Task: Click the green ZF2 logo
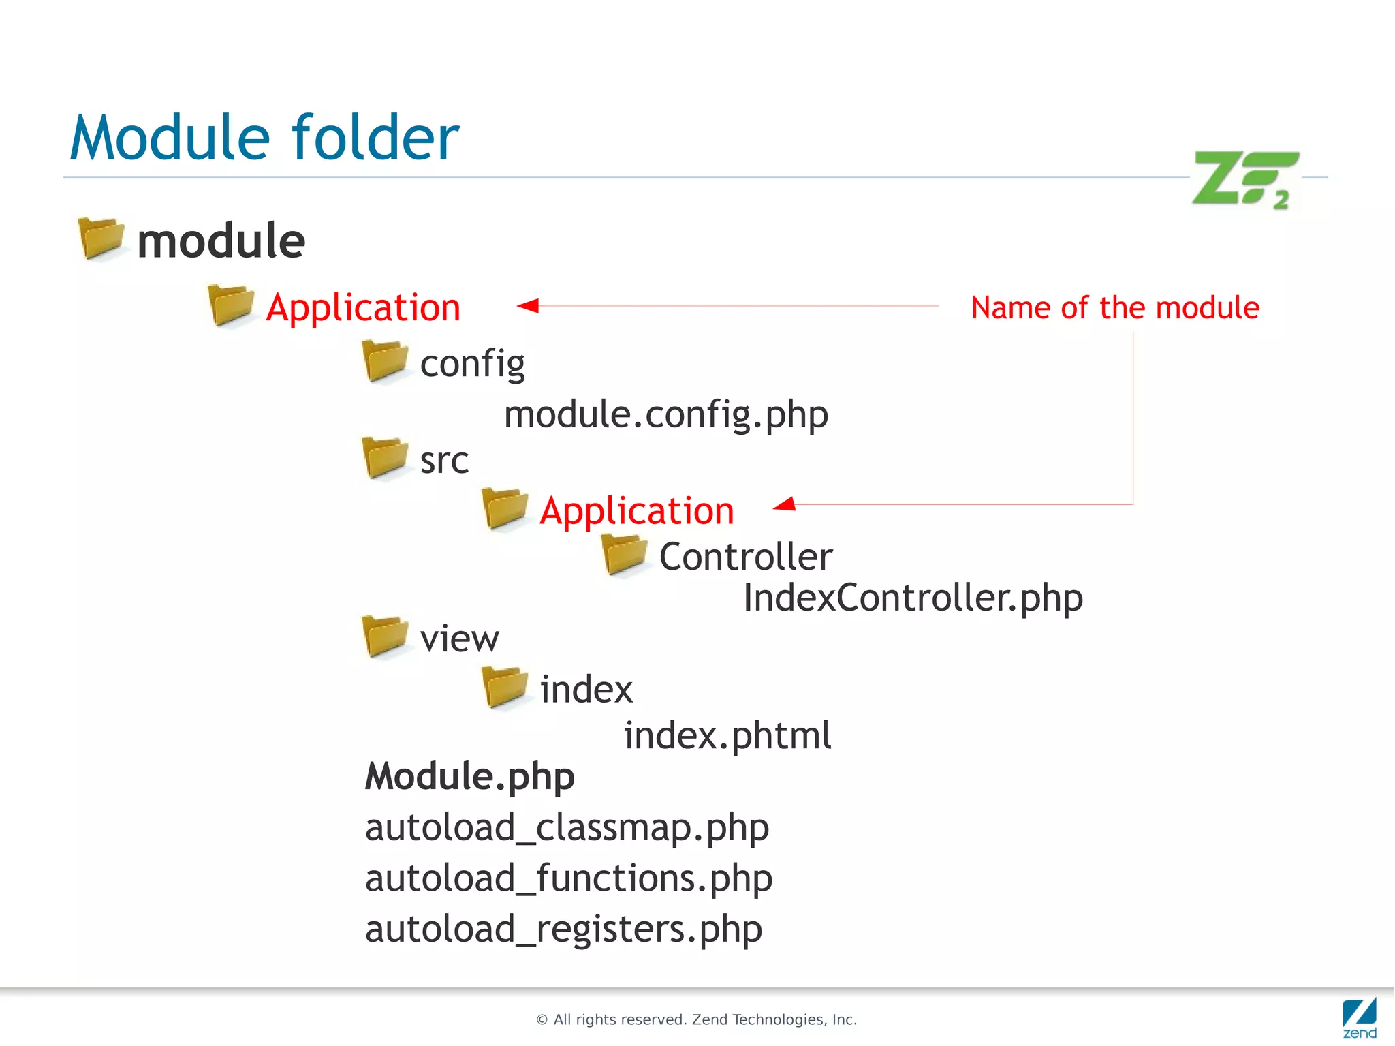[1244, 179]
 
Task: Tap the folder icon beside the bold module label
[101, 238]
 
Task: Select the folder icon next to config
[385, 361]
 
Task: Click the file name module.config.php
[665, 414]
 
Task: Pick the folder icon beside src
[385, 457]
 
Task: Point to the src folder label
[444, 461]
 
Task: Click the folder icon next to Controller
[625, 554]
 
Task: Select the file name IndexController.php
[912, 598]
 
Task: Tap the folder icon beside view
[385, 636]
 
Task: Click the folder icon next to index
[505, 688]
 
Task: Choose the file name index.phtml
[727, 735]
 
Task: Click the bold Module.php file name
[469, 776]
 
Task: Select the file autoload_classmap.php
[567, 827]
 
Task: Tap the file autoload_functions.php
[568, 878]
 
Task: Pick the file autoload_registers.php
[563, 929]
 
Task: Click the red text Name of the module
[1115, 307]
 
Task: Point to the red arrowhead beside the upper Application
[528, 305]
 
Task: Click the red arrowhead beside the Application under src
[785, 504]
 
